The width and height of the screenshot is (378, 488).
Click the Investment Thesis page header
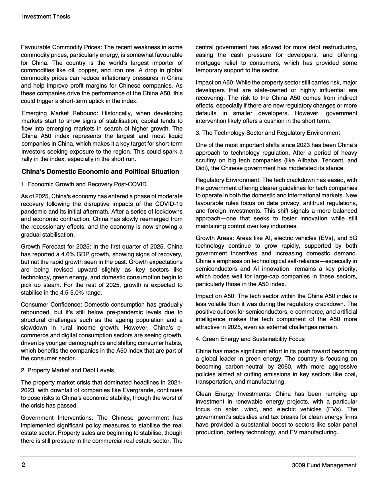click(46, 16)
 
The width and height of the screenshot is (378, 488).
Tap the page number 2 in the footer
click(23, 465)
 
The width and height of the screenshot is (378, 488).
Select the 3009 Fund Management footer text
click(324, 465)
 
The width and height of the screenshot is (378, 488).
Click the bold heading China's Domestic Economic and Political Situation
click(100, 171)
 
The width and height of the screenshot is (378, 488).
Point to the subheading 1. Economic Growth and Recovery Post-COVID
click(84, 184)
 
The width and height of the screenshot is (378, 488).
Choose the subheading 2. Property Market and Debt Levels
click(67, 370)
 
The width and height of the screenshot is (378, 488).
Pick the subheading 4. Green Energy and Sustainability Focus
click(250, 339)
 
